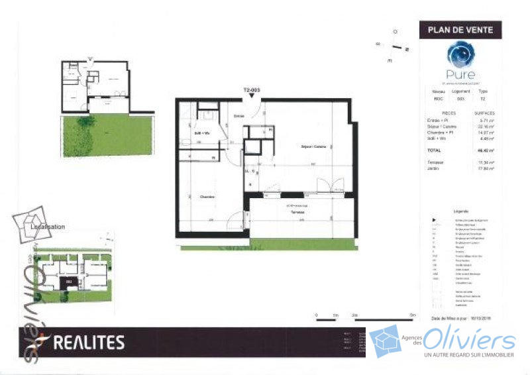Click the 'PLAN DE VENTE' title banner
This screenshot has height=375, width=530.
(460, 29)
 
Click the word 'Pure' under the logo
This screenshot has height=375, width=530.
(460, 74)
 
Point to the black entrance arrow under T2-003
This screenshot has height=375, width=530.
(252, 97)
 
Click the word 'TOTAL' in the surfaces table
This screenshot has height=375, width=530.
(434, 150)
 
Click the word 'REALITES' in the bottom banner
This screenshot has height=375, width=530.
(87, 343)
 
